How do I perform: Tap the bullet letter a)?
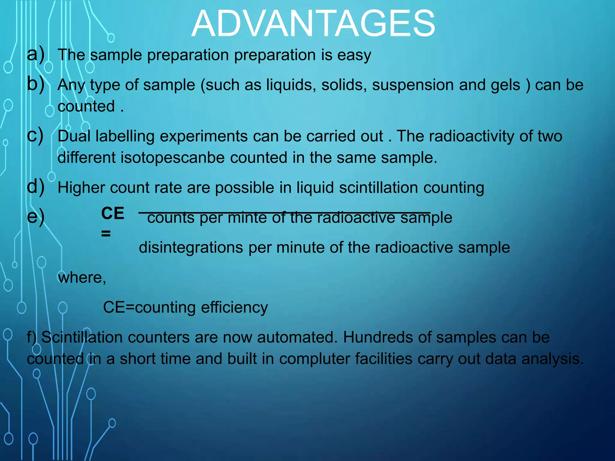[x=36, y=54]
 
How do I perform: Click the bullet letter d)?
[x=36, y=187]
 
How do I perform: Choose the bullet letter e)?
[x=36, y=217]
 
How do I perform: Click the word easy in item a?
[x=354, y=56]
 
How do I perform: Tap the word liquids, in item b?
[x=291, y=85]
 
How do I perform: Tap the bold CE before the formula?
[x=113, y=213]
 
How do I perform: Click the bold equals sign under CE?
[x=106, y=234]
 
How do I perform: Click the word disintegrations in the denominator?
[x=191, y=248]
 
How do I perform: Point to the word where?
[x=82, y=278]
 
